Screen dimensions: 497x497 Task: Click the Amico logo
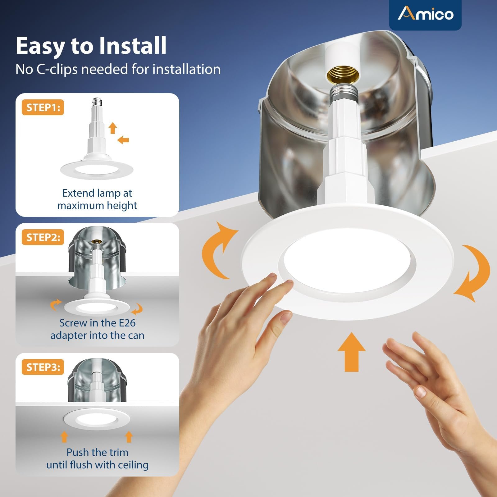pyautogui.click(x=426, y=14)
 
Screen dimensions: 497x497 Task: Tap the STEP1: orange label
pyautogui.click(x=43, y=107)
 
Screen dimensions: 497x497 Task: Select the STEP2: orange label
pyautogui.click(x=43, y=237)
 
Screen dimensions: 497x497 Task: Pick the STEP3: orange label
pyautogui.click(x=43, y=367)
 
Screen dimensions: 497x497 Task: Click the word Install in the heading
pyautogui.click(x=133, y=46)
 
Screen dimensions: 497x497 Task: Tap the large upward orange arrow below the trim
pyautogui.click(x=352, y=352)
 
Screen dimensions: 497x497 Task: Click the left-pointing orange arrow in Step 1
pyautogui.click(x=123, y=140)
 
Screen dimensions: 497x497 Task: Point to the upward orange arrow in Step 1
pyautogui.click(x=113, y=128)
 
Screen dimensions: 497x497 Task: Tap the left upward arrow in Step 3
pyautogui.click(x=64, y=436)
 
